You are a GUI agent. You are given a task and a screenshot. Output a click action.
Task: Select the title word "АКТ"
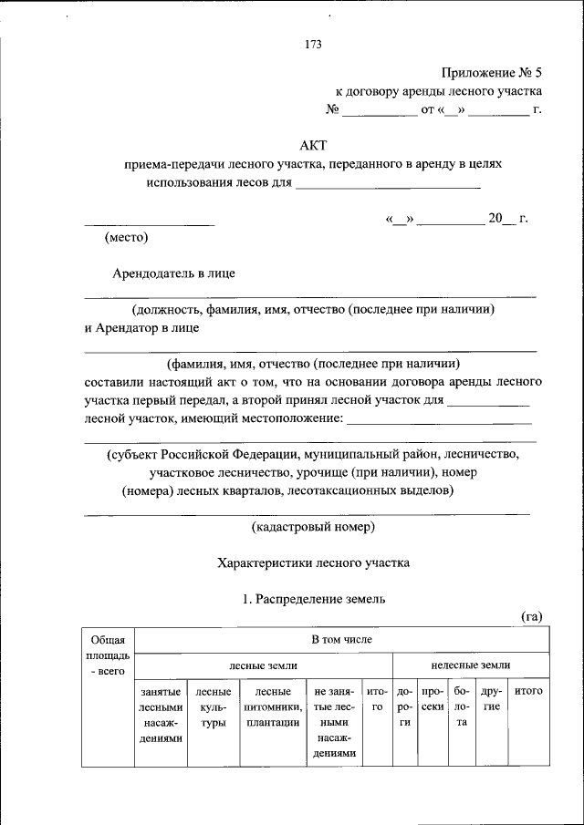tap(313, 145)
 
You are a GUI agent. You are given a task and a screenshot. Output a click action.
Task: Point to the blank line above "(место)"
tap(150, 223)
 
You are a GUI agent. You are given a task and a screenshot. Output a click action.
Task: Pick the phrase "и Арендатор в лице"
tap(141, 327)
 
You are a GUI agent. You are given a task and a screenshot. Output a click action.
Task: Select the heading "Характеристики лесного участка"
tap(313, 563)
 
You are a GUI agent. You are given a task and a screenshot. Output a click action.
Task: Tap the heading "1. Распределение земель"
tap(313, 599)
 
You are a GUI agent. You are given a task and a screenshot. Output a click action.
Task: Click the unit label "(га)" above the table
tap(532, 617)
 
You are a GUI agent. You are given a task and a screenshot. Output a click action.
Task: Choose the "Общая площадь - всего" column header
tap(107, 655)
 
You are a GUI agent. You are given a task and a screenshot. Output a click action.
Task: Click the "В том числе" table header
tap(341, 640)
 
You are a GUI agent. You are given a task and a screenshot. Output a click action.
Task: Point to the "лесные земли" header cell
tap(263, 665)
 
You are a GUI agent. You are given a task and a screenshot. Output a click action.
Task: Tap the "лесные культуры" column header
tap(212, 706)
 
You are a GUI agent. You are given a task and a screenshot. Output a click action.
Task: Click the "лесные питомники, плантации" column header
tap(273, 706)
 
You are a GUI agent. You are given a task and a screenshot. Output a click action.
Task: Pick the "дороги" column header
tap(405, 706)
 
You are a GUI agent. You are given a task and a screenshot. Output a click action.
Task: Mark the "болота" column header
tap(462, 706)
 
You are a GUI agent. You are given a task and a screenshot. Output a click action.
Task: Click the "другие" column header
tap(491, 699)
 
